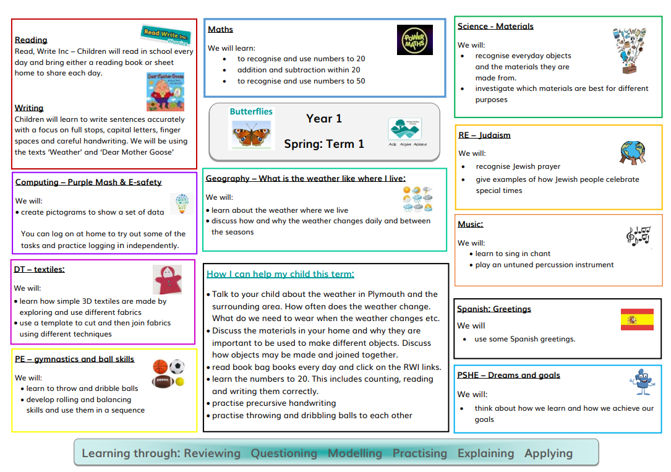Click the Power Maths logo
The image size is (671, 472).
click(414, 40)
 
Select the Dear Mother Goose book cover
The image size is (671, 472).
click(165, 92)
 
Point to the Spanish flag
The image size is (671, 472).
click(637, 319)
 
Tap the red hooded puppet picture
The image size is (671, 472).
click(166, 280)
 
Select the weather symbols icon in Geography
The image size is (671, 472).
click(417, 199)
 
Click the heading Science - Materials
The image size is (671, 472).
click(495, 26)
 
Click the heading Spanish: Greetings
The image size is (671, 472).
click(494, 309)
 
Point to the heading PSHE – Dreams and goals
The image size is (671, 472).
click(508, 375)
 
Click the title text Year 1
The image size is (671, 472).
click(323, 118)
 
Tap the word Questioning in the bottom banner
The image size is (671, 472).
click(284, 453)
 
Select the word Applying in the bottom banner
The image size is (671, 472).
click(548, 453)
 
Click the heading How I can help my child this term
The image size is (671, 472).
click(280, 273)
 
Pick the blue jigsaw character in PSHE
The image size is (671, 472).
click(641, 382)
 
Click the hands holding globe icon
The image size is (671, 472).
click(632, 152)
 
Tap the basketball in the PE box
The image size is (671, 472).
click(160, 366)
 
